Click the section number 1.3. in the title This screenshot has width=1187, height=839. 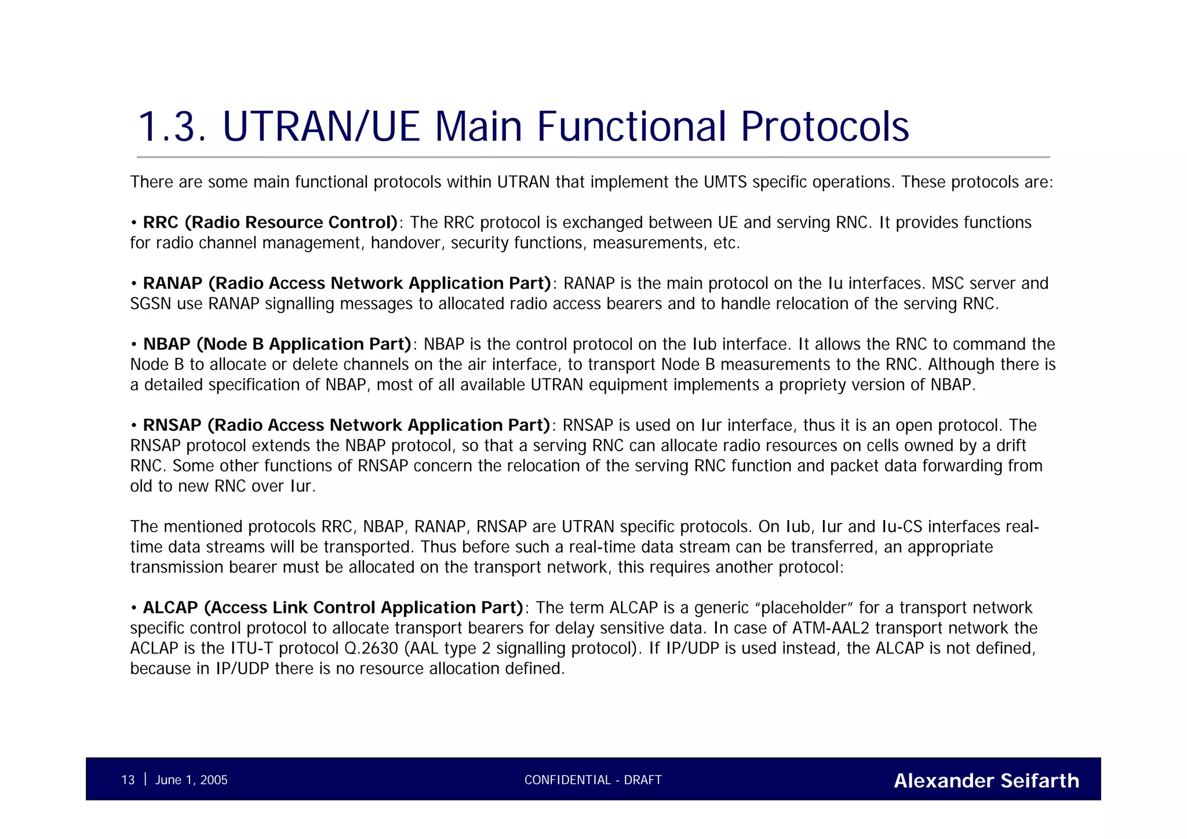pos(172,127)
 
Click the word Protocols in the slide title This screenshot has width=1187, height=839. pos(825,127)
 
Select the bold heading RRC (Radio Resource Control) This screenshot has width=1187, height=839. pos(270,223)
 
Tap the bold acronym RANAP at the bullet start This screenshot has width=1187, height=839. pos(173,284)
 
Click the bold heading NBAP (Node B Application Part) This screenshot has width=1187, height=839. pos(277,344)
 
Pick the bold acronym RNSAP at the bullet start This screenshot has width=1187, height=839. pos(172,426)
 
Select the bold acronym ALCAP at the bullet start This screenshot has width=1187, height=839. pos(170,608)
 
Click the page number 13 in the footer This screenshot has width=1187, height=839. pos(128,780)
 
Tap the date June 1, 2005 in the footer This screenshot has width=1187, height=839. pos(191,780)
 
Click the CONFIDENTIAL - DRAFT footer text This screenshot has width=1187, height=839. pos(593,780)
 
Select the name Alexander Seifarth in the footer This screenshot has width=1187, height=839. pos(986,780)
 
